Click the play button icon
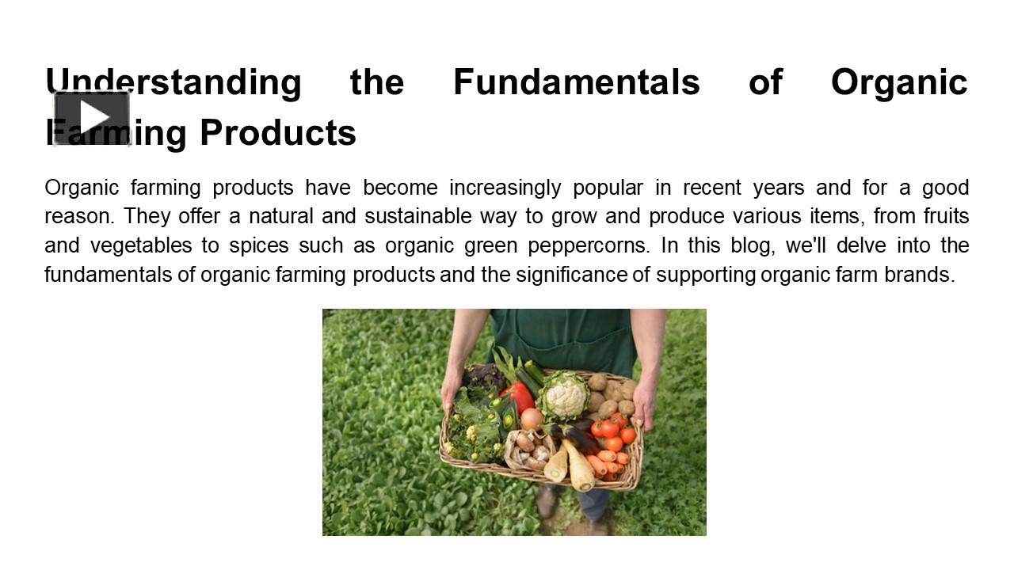(x=92, y=117)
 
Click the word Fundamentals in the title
(x=576, y=82)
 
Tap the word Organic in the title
(x=899, y=82)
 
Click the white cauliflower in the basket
(x=564, y=396)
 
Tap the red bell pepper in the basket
(x=518, y=397)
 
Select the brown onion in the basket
(x=532, y=418)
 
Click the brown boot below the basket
(x=546, y=500)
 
